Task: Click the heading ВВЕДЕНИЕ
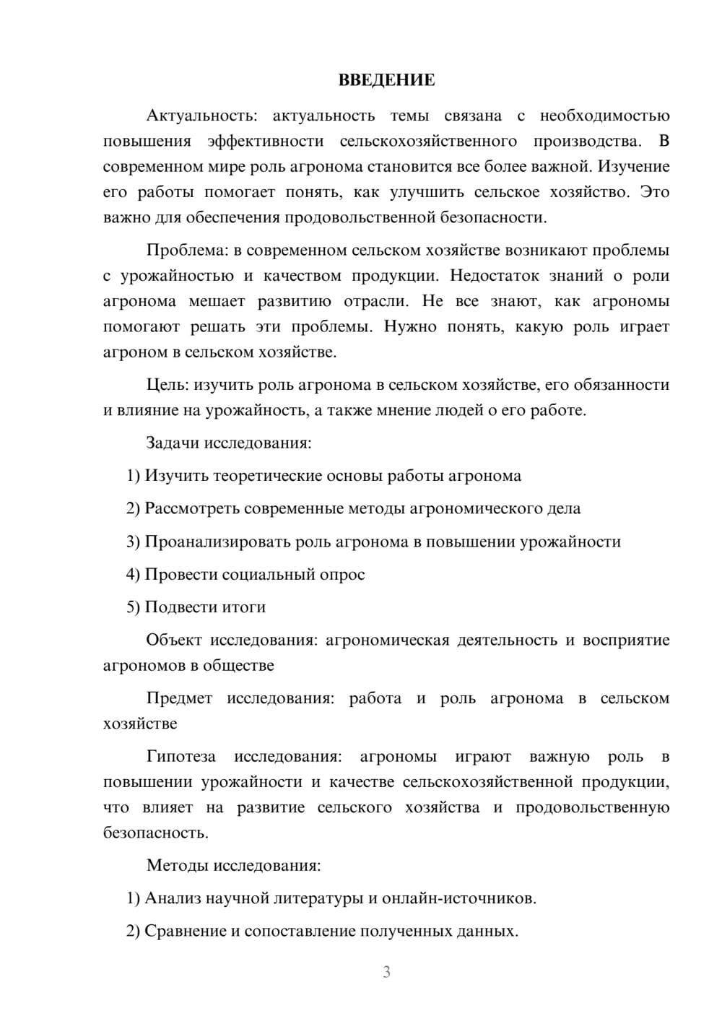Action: (386, 80)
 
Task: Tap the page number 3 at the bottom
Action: (386, 972)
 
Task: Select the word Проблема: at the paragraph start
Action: (186, 251)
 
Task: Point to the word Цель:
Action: (168, 385)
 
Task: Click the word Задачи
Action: (173, 443)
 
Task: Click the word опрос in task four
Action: (344, 575)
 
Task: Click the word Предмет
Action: (179, 698)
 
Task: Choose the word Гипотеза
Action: (180, 757)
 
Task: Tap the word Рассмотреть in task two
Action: (192, 508)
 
